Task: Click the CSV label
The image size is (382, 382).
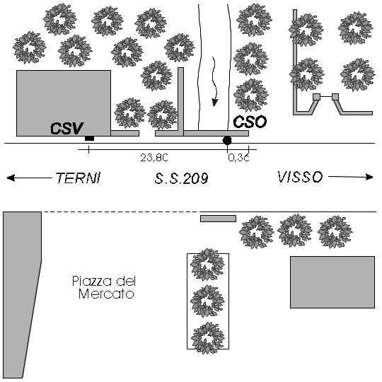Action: click(66, 128)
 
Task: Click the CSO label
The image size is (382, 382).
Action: click(250, 122)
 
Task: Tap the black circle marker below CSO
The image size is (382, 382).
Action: click(227, 140)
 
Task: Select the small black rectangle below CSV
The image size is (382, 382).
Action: click(89, 139)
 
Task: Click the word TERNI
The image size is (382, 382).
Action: click(78, 178)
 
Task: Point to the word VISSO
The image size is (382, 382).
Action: click(300, 177)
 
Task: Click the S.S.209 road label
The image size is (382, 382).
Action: click(182, 178)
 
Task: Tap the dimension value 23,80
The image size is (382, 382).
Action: click(154, 158)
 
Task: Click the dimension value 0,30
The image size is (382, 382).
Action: click(239, 158)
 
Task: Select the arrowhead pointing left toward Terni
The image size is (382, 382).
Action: click(11, 178)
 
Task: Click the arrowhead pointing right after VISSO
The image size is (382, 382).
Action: click(369, 177)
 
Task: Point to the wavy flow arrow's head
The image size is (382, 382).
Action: click(214, 103)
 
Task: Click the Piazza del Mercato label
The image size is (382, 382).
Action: click(104, 287)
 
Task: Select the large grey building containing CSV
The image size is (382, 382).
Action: click(64, 103)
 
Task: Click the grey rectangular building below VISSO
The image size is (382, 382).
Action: click(332, 282)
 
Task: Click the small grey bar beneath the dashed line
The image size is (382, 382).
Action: click(219, 219)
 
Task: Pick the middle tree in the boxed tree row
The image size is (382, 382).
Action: click(207, 301)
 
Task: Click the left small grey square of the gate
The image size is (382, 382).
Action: click(316, 97)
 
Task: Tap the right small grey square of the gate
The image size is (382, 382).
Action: click(335, 97)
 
